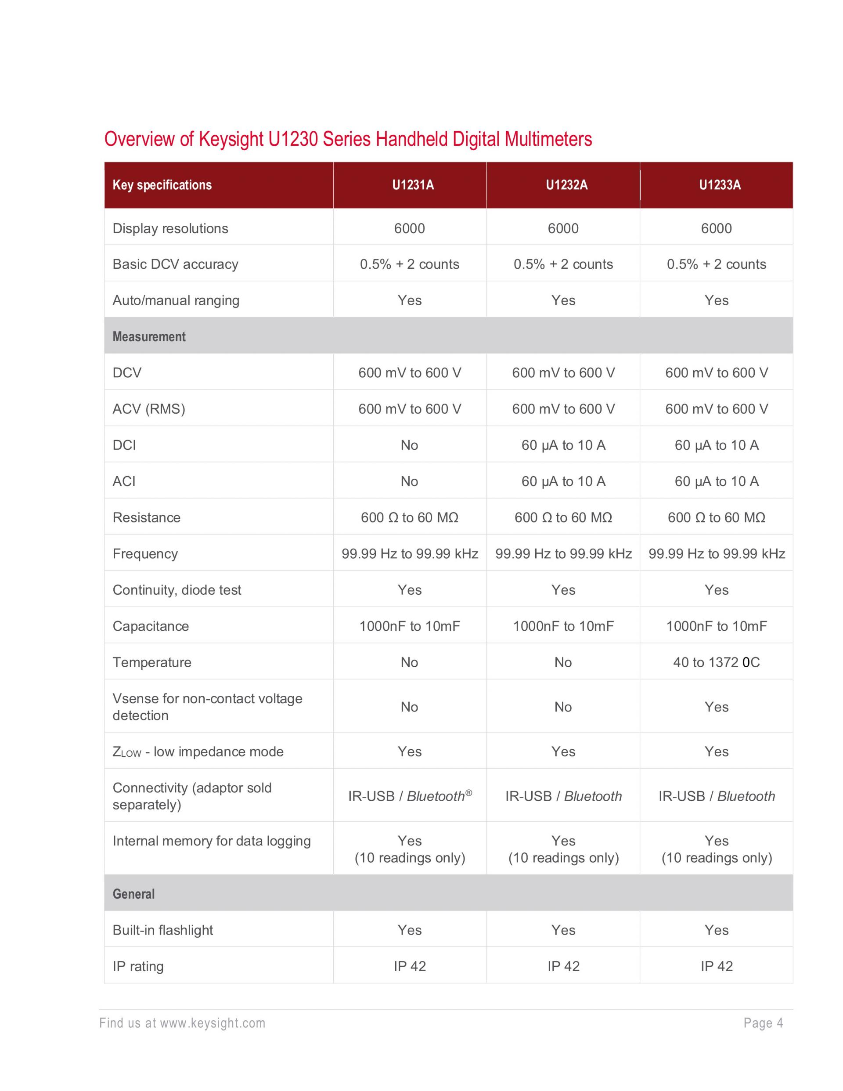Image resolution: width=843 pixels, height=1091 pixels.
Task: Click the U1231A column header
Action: point(413,185)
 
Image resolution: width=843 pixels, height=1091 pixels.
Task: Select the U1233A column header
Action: point(720,185)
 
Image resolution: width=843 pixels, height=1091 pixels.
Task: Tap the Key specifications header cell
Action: point(162,185)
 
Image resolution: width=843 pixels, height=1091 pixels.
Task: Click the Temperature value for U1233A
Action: point(716,662)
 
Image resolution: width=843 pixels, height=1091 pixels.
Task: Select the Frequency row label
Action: point(145,554)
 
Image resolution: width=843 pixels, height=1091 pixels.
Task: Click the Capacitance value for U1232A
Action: point(563,626)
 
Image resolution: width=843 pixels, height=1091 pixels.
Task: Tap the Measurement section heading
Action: point(149,337)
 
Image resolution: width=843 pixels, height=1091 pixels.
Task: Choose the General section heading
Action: point(133,894)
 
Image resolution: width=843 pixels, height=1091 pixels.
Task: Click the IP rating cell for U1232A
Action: point(563,967)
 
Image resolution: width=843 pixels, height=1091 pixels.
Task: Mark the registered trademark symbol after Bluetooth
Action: point(468,793)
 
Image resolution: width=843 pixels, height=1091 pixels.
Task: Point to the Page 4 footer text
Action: point(763,1023)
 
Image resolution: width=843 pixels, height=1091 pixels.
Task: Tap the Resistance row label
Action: point(146,517)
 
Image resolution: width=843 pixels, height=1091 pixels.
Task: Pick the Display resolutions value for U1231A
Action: point(409,228)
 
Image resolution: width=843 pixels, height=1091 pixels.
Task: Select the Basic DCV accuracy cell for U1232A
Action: point(563,264)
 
